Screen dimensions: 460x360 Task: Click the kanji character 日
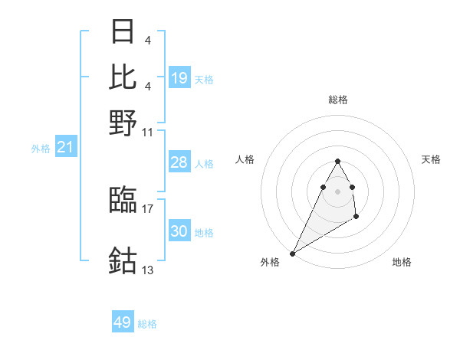pyautogui.click(x=123, y=32)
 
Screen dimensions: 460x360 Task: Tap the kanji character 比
pyautogui.click(x=123, y=77)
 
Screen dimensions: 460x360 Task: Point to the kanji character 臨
pyautogui.click(x=123, y=201)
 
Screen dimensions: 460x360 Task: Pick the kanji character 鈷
pyautogui.click(x=123, y=260)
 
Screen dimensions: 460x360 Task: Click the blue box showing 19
pyautogui.click(x=179, y=78)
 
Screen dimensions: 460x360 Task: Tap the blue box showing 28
pyautogui.click(x=179, y=162)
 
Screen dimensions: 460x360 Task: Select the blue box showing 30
pyautogui.click(x=179, y=231)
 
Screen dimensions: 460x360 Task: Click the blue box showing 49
pyautogui.click(x=123, y=322)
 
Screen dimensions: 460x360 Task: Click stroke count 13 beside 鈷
pyautogui.click(x=148, y=270)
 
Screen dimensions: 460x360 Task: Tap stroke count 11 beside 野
pyautogui.click(x=148, y=132)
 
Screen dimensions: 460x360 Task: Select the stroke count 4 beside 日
pyautogui.click(x=147, y=40)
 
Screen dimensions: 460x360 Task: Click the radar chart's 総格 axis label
pyautogui.click(x=337, y=100)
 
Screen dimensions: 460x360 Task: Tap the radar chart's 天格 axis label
pyautogui.click(x=431, y=159)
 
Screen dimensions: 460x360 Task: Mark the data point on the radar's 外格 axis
pyautogui.click(x=292, y=254)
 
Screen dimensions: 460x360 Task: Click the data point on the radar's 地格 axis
pyautogui.click(x=356, y=218)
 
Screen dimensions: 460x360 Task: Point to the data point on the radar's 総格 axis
pyautogui.click(x=337, y=161)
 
